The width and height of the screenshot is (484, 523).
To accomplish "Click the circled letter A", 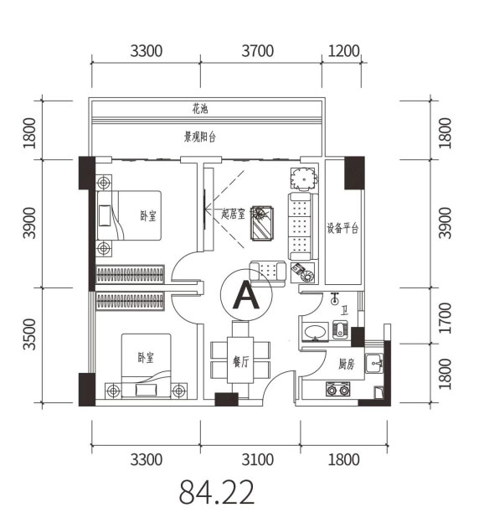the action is (246, 295).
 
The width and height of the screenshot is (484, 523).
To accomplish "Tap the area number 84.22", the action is (217, 492).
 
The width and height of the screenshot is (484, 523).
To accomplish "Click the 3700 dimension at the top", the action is (258, 51).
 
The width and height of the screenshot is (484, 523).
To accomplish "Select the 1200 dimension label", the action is (343, 51).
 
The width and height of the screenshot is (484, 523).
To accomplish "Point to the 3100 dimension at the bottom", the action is (258, 459).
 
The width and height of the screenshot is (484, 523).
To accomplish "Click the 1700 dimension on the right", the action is (445, 318).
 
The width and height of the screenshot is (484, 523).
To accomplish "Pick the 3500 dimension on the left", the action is (29, 334).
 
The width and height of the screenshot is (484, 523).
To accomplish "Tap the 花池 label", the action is (200, 109).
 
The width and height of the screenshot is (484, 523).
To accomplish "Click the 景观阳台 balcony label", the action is (200, 137).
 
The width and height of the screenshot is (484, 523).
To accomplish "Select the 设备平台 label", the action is (342, 229).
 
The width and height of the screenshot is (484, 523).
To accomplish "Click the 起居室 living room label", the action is (234, 214).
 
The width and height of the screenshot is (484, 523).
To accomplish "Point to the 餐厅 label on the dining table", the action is (240, 361).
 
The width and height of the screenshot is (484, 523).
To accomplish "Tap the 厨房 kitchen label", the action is (346, 364).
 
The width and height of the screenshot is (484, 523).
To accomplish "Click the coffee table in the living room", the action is (262, 224).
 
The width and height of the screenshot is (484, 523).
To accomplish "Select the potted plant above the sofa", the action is (304, 179).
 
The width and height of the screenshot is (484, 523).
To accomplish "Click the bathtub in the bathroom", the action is (315, 332).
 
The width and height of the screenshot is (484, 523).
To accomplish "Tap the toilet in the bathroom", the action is (340, 329).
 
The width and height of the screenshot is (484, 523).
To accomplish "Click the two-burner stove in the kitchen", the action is (338, 389).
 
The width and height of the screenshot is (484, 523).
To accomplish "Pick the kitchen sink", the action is (373, 364).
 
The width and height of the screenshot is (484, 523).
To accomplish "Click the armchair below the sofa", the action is (268, 273).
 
